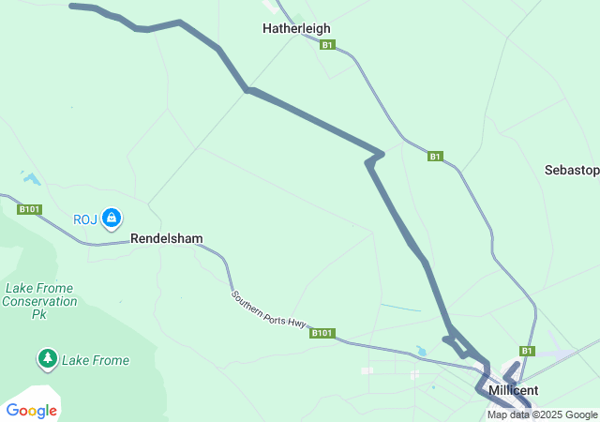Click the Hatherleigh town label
pos(295,29)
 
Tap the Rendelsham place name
pos(166,239)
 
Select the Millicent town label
pos(513,389)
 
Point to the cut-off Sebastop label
pos(572,170)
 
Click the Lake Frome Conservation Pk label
pos(39,301)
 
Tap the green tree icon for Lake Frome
pos(47,359)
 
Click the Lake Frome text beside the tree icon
pos(96,360)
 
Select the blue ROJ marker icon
pos(112,219)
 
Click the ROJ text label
pos(85,220)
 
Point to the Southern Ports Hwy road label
pos(269,309)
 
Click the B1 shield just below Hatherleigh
pos(326,45)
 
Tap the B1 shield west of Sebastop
pos(435,157)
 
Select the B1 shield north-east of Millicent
pos(527,351)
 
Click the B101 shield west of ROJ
pos(29,209)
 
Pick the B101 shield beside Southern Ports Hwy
pos(322,332)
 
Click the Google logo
pos(31,410)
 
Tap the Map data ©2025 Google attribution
pos(542,414)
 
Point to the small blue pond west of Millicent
pos(421,352)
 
